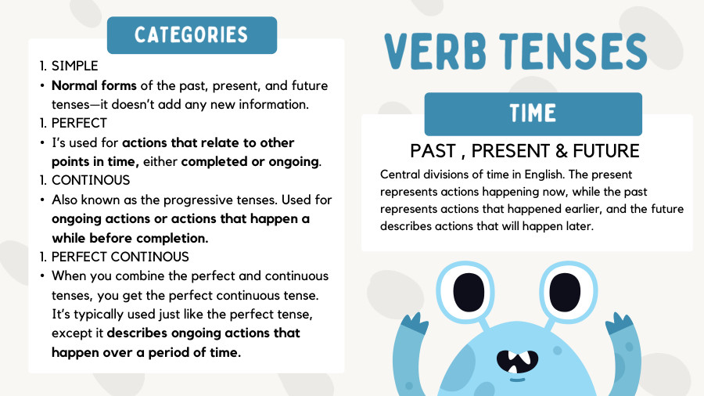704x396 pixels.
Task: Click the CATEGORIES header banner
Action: [x=192, y=35]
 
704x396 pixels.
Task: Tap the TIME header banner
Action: [x=533, y=113]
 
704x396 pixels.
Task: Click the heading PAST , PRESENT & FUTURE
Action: [x=525, y=150]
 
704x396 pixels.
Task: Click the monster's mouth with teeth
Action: [x=515, y=360]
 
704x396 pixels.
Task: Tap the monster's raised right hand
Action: [x=618, y=326]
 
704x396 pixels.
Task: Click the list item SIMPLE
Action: [x=75, y=67]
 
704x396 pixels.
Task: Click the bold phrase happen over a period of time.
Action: [x=146, y=351]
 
